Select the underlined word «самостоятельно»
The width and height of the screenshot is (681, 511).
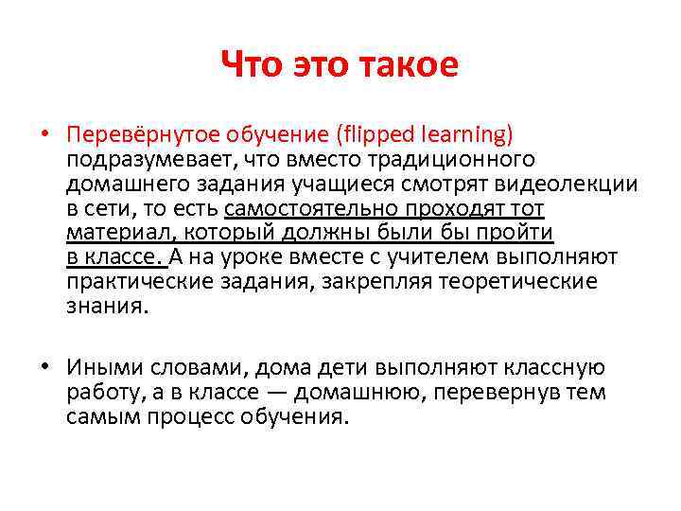[301, 207]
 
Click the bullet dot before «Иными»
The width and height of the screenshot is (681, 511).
[44, 367]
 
